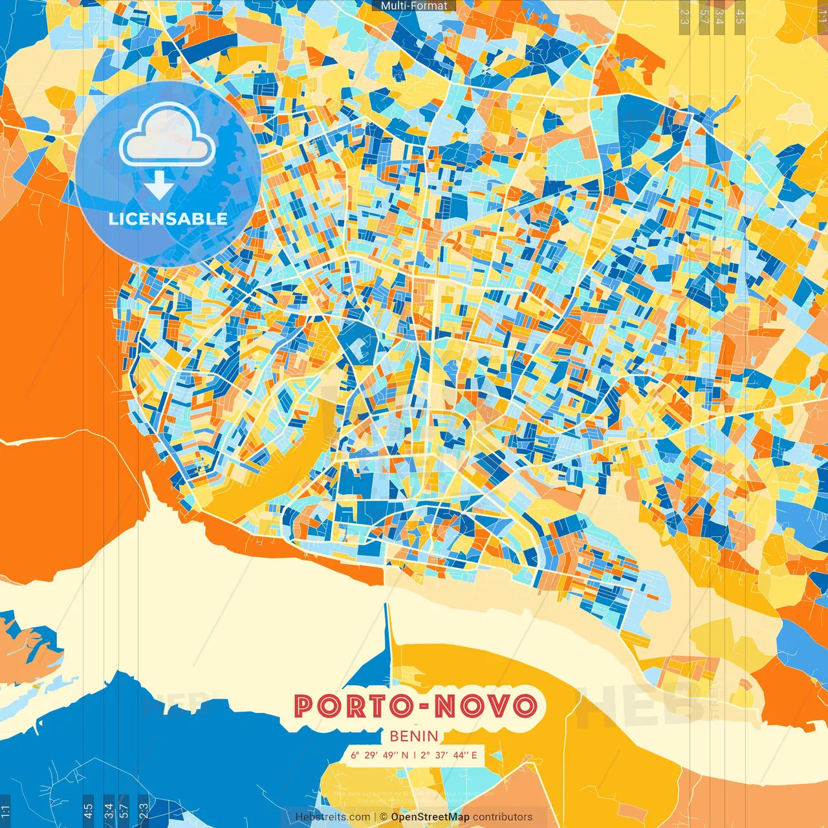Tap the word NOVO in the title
coord(486,706)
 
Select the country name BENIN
coord(414,736)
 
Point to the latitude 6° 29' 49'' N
coord(380,755)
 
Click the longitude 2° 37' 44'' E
coord(449,755)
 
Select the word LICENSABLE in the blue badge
coord(168,219)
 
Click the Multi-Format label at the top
coord(414,6)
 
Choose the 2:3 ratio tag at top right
coord(684,16)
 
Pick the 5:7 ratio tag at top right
coord(704,16)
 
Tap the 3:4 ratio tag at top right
coord(719,16)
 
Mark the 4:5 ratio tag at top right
coord(740,16)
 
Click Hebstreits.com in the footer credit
coord(332,817)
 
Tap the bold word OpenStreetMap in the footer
coord(430,817)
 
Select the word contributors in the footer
coord(503,817)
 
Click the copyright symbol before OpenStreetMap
coord(384,817)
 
